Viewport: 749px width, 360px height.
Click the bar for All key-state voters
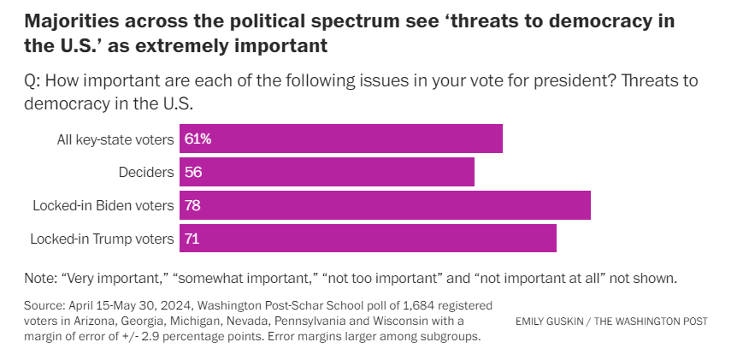(340, 139)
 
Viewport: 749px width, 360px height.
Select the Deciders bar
(327, 172)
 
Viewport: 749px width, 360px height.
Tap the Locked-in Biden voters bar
(385, 205)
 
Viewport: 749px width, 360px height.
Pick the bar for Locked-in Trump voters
(368, 239)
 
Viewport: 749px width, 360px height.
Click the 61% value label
(198, 139)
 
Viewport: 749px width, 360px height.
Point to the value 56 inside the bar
(192, 172)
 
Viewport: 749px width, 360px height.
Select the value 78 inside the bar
(192, 205)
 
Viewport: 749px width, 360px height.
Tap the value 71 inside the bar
(192, 239)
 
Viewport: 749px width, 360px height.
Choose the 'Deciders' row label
(146, 172)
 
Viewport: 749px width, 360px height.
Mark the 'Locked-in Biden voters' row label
(103, 205)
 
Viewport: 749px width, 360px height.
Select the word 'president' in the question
(542, 81)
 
